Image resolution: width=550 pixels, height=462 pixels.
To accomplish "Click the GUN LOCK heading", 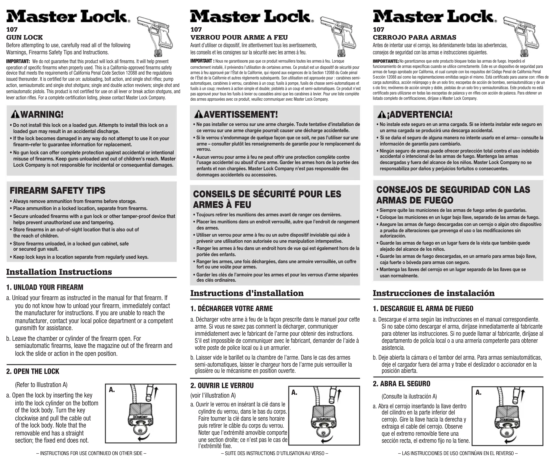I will tap(24, 37).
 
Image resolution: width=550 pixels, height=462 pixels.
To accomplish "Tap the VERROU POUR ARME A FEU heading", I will tap(239, 37).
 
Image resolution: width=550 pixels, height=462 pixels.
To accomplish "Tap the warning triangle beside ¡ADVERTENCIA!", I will tap(381, 114).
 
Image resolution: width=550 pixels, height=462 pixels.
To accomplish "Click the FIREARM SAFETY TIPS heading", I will tap(57, 190).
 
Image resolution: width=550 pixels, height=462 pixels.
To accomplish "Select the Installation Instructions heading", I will tap(59, 272).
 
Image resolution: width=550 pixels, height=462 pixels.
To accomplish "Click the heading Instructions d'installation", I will tap(247, 293).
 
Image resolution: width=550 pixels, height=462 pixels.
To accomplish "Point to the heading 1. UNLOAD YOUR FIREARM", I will tap(45, 287).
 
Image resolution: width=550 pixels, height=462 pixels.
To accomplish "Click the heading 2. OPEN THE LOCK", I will tap(32, 371).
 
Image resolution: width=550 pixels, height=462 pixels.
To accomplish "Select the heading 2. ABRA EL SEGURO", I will tap(401, 384).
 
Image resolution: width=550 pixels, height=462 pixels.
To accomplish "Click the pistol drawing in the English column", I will tap(156, 35).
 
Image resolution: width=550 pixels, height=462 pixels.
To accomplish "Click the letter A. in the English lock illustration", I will tap(112, 390).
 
